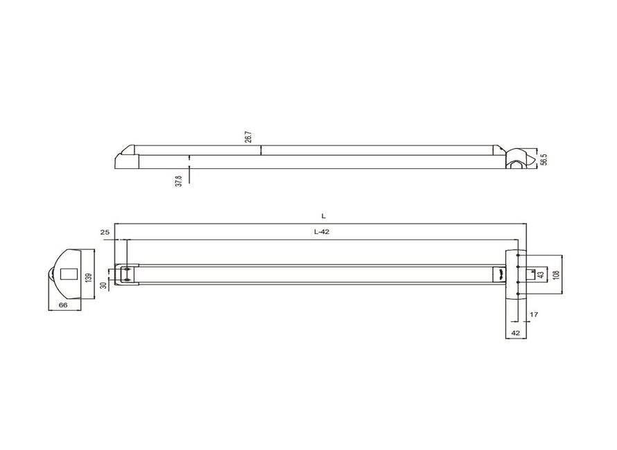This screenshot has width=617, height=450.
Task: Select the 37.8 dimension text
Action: [x=179, y=181]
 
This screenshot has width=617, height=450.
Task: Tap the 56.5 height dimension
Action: [x=544, y=158]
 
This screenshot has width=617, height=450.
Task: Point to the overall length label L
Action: [x=323, y=217]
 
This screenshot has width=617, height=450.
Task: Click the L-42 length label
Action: [x=321, y=233]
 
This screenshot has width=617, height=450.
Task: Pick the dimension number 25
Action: [x=105, y=233]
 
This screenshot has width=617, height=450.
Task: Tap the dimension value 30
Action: [x=103, y=285]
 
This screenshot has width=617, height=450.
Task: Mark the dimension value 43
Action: [x=541, y=274]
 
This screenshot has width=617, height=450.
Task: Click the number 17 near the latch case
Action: [x=533, y=315]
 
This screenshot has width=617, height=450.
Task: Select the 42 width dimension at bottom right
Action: [x=515, y=333]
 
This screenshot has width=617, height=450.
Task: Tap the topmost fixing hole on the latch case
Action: [x=518, y=255]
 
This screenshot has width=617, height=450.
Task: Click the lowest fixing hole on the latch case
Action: [x=518, y=296]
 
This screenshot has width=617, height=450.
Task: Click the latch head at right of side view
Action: [x=518, y=158]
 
